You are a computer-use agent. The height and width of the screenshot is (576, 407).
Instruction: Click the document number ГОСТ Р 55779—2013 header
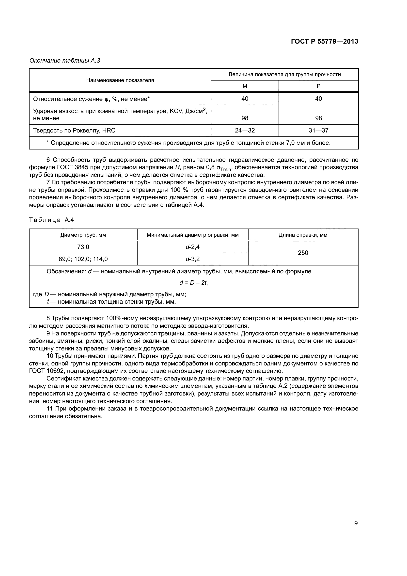(x=325, y=42)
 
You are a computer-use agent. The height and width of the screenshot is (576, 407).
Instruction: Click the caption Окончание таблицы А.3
(x=65, y=61)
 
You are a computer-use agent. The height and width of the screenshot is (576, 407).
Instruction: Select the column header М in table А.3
(x=245, y=86)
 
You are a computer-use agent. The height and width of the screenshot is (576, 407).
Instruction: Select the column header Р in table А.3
(x=318, y=86)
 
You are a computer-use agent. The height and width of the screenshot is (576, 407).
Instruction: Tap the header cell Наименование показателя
(x=120, y=80)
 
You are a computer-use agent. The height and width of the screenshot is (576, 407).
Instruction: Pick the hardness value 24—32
(x=245, y=131)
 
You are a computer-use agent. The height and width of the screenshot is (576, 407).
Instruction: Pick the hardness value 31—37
(x=318, y=131)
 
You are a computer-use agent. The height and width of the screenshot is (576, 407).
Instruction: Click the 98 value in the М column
(x=245, y=118)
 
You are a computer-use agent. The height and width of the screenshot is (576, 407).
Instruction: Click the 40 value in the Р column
(x=318, y=99)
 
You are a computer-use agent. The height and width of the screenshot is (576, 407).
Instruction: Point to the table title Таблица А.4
(x=51, y=220)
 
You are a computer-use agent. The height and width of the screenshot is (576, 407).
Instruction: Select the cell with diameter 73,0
(x=83, y=247)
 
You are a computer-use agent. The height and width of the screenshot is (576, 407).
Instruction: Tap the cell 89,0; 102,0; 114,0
(x=83, y=259)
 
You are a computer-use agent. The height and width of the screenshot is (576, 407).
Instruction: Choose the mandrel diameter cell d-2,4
(x=192, y=247)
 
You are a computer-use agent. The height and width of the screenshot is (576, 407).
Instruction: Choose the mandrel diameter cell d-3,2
(x=192, y=259)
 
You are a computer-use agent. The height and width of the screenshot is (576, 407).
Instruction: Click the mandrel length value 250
(x=303, y=253)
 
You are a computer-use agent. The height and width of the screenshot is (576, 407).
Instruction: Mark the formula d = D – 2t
(x=193, y=283)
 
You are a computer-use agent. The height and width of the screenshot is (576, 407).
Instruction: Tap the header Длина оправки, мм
(x=303, y=235)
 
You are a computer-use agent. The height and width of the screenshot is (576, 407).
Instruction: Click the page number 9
(x=356, y=521)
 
